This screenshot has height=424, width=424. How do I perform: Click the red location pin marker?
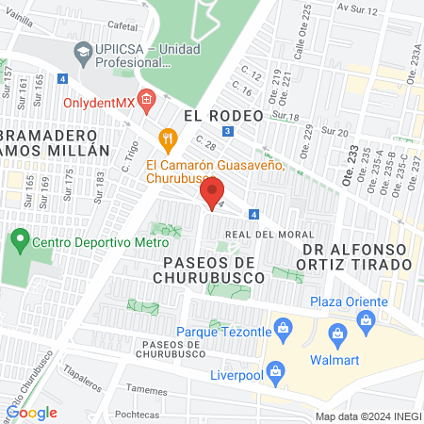(208, 195)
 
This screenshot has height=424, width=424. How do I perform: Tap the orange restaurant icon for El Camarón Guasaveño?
(168, 138)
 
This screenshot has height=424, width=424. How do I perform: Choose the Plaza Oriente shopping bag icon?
(366, 319)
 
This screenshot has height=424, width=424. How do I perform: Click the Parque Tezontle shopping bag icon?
(280, 328)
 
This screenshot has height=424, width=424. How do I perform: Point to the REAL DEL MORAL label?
(257, 234)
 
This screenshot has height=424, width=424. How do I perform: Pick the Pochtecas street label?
(131, 414)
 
